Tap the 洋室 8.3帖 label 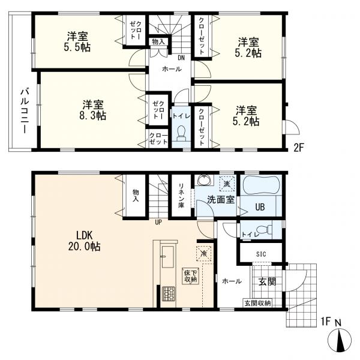(93, 110)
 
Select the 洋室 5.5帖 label (77, 42)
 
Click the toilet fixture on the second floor (182, 133)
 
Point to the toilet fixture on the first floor (264, 229)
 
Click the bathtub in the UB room (261, 185)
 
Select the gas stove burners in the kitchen (169, 294)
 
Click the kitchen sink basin (168, 257)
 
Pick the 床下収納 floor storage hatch (191, 277)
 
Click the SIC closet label (261, 254)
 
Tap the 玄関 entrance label (267, 281)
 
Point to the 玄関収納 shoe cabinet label (257, 303)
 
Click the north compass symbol (340, 341)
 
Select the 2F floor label (299, 148)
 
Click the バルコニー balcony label (25, 111)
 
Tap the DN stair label (181, 58)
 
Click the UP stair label (158, 222)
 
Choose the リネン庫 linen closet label (181, 194)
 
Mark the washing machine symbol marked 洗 (227, 184)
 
